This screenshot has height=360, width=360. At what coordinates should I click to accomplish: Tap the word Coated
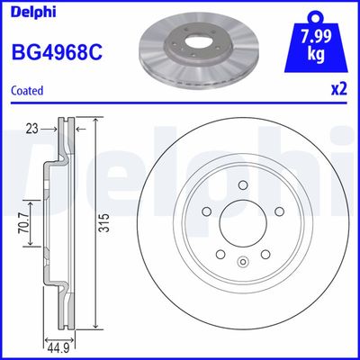coord(29,90)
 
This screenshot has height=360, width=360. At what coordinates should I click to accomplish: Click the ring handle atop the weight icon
coord(314,15)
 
